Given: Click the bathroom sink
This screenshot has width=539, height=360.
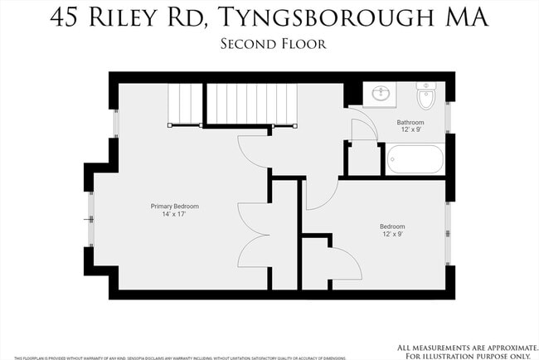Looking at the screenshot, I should click(x=380, y=93).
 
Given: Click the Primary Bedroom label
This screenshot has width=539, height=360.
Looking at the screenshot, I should click(x=174, y=206).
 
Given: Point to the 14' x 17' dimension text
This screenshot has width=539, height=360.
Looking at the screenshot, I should click(x=174, y=214).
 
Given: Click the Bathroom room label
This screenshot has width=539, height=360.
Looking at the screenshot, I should click(x=410, y=122).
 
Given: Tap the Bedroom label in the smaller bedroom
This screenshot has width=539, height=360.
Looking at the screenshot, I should click(x=392, y=226).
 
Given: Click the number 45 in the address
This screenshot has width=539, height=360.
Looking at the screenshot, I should click(x=67, y=17).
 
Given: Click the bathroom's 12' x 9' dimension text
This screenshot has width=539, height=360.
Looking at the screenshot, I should click(x=410, y=129).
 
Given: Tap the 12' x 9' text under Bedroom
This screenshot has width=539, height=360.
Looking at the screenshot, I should click(x=392, y=234).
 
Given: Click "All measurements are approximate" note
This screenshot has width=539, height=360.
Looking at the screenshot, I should click(x=467, y=347).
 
